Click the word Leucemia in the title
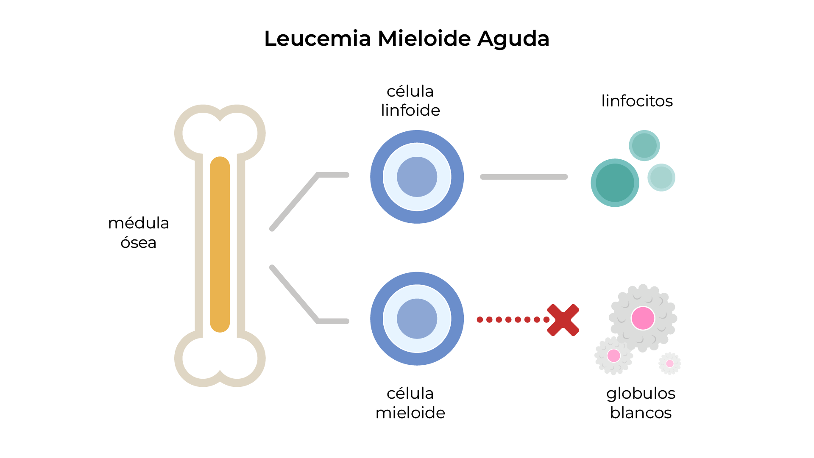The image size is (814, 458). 318,39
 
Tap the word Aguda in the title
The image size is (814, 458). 513,39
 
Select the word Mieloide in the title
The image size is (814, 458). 424,39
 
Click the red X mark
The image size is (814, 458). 563,320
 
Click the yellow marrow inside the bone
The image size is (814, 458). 220,244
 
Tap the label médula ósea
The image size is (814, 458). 138,233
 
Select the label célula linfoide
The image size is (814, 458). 410,101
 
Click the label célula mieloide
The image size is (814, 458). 410,403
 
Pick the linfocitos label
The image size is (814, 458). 637,101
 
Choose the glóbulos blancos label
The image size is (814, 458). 641,403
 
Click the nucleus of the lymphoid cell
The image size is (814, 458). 417,177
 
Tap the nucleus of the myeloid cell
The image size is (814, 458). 417,319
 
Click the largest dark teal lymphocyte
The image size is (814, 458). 615,183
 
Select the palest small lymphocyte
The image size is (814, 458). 661,178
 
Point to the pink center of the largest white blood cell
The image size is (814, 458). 643,318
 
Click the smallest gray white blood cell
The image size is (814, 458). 669,364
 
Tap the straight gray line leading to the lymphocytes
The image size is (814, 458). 524,177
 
